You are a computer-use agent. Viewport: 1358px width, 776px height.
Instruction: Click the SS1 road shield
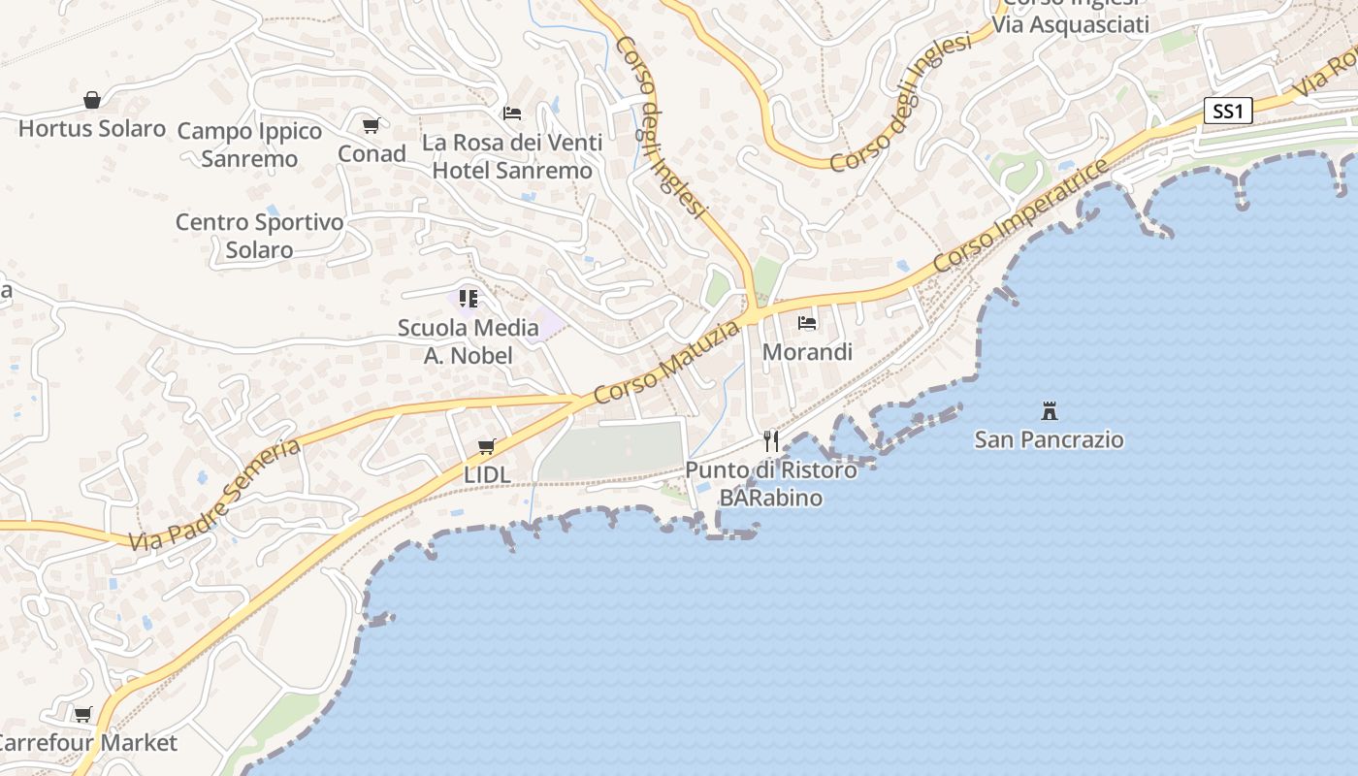coord(1227,112)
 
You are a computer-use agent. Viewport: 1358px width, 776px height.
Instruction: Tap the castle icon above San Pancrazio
coord(1049,410)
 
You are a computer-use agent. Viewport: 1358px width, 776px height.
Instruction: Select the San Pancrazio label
coord(1049,439)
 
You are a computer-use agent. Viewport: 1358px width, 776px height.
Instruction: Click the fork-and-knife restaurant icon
coord(771,441)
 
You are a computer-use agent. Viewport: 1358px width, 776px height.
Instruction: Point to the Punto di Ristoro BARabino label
coord(771,484)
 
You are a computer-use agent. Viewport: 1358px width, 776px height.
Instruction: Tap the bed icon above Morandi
coord(807,323)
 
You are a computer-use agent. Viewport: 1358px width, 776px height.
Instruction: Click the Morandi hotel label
coord(807,352)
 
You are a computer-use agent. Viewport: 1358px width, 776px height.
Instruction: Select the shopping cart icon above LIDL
coord(487,447)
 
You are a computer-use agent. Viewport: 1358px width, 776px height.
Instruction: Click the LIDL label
coord(487,475)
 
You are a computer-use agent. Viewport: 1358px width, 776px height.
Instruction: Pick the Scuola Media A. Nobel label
coord(469,341)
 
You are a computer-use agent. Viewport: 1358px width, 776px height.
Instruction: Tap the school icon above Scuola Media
coord(469,298)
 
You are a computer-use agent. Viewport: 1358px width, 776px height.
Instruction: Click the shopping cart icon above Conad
coord(372,125)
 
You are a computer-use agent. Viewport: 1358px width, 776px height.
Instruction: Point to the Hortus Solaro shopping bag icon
coord(92,100)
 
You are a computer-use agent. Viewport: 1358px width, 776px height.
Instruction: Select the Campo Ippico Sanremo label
coord(249,145)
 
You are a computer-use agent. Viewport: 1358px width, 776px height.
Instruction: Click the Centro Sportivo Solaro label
coord(259,236)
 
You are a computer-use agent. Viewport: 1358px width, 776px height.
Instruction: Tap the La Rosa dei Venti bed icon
coord(512,113)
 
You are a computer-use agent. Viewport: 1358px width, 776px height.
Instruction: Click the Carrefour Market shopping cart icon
coord(83,715)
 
